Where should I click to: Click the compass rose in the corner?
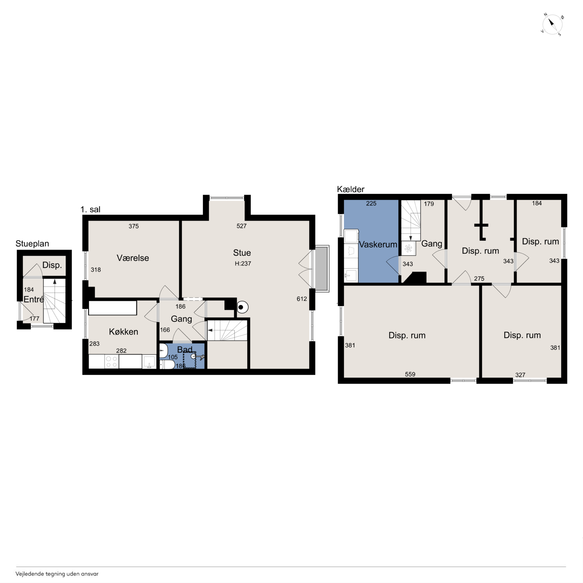click(x=552, y=24)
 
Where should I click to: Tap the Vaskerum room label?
click(x=378, y=244)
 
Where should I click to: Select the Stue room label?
click(x=242, y=253)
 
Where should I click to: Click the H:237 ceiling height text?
click(x=243, y=263)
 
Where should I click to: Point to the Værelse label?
click(x=133, y=258)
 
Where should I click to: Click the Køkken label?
click(x=123, y=332)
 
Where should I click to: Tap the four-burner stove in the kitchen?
click(x=112, y=361)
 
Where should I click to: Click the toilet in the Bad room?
click(x=167, y=365)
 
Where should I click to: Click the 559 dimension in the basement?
click(x=410, y=374)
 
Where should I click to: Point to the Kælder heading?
click(x=351, y=189)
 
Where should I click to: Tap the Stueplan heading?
click(x=32, y=244)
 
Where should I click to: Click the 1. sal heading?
click(x=91, y=209)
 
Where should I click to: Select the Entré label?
click(x=33, y=299)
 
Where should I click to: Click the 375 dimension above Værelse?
click(x=134, y=226)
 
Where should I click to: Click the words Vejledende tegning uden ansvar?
click(x=57, y=574)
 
